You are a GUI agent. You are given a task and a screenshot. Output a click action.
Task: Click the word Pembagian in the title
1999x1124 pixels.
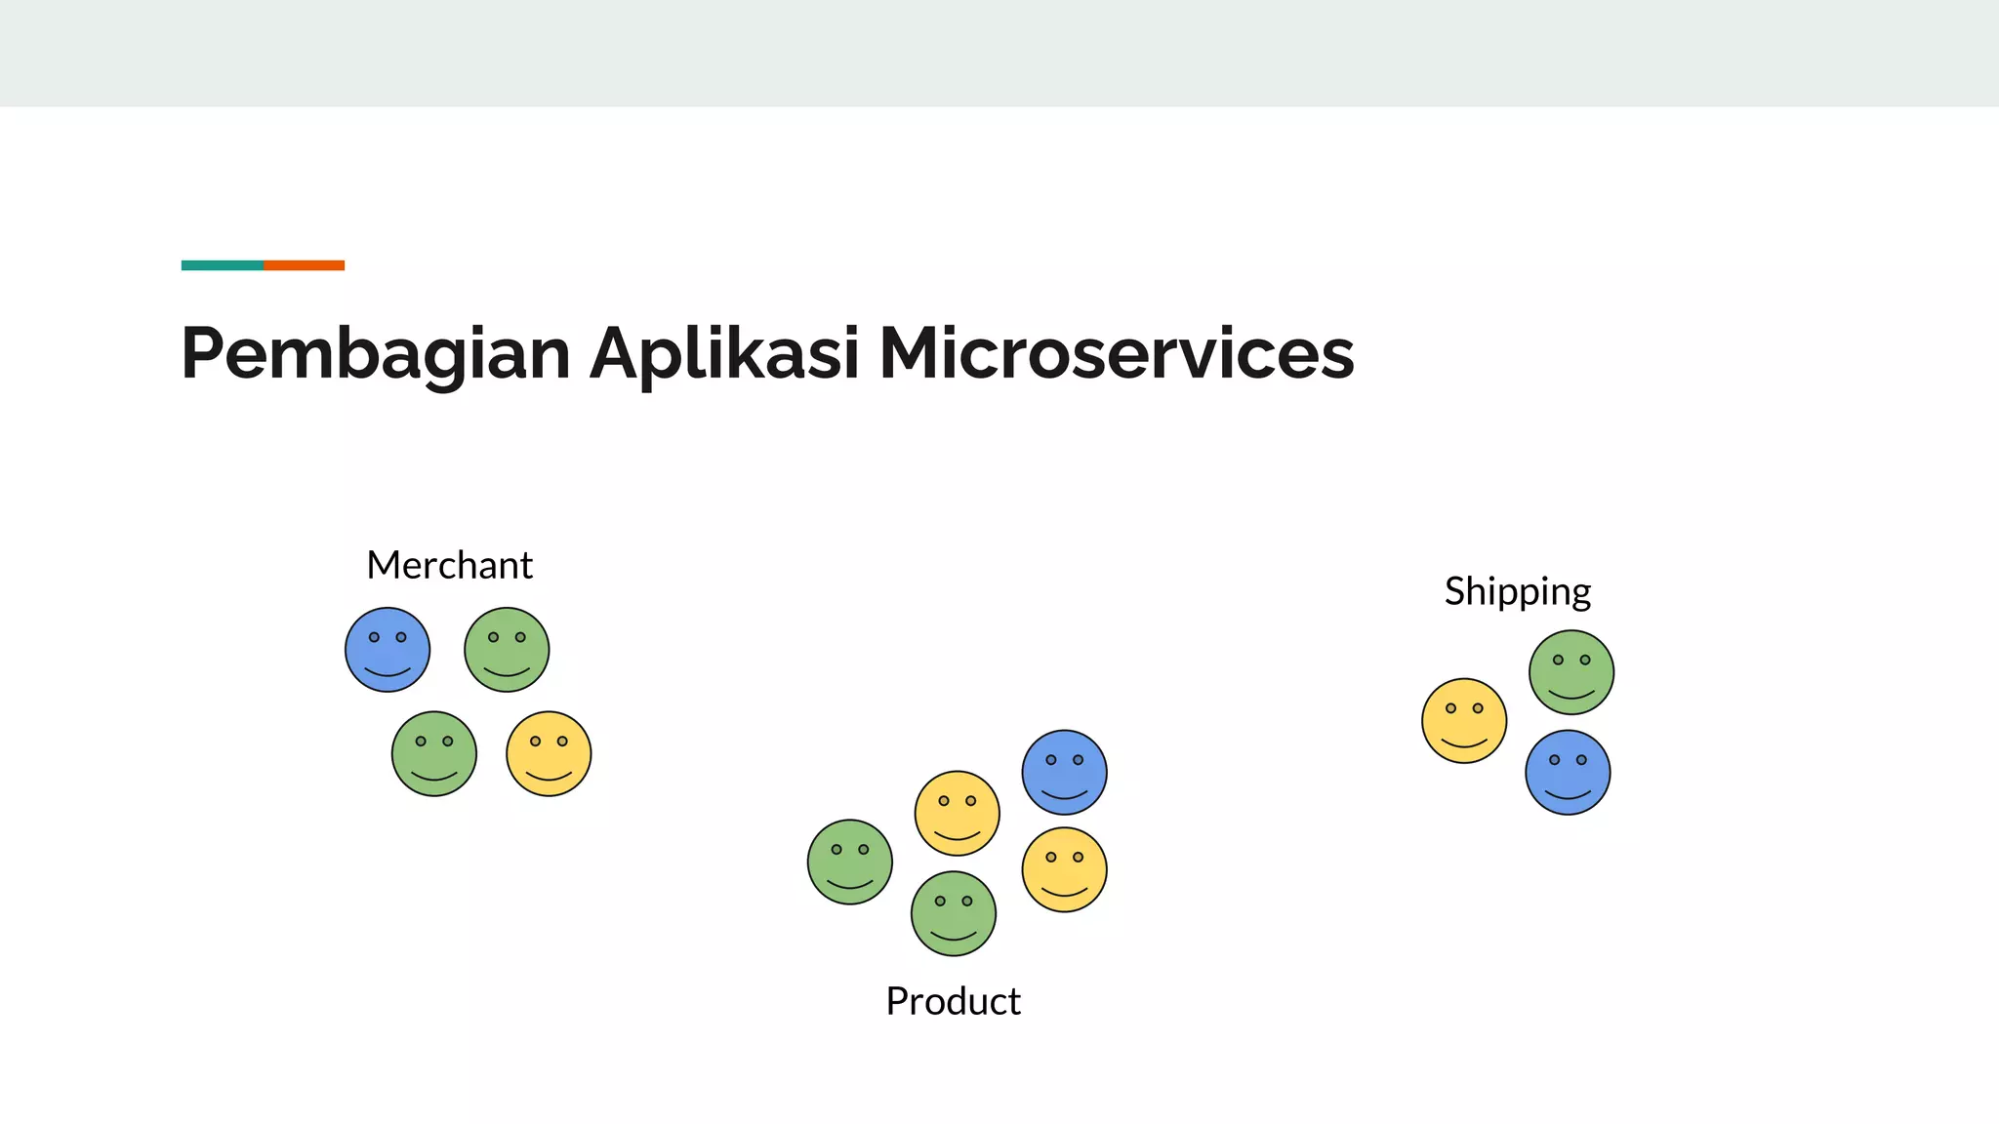(376, 353)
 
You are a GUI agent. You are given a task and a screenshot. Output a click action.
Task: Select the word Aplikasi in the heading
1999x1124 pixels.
(724, 353)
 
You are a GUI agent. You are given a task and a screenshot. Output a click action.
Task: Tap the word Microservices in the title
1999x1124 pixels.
(1116, 353)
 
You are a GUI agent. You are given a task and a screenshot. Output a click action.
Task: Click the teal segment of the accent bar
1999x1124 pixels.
(222, 265)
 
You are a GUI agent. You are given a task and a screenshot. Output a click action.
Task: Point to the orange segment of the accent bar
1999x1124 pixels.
(304, 265)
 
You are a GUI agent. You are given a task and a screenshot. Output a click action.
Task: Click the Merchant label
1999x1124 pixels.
(449, 566)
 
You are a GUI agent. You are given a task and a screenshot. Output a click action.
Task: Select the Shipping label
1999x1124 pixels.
(1517, 592)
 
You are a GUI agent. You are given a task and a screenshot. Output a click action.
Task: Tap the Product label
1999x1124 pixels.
(953, 1001)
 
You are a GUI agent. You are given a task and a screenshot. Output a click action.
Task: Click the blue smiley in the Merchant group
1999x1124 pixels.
(388, 650)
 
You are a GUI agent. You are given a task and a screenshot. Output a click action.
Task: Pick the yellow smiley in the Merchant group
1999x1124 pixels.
(549, 753)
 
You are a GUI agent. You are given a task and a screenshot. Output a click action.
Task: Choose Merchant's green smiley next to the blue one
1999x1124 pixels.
(507, 650)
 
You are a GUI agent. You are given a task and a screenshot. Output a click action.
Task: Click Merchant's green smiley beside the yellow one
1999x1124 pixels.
(434, 753)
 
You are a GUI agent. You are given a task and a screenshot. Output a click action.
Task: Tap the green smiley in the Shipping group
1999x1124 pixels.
(1571, 672)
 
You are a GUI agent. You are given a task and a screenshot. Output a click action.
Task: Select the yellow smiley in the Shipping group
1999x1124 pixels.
(1463, 721)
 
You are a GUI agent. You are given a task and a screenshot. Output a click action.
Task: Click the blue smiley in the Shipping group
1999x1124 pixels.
(1568, 773)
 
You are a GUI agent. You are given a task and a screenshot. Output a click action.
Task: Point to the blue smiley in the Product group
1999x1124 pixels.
(1064, 772)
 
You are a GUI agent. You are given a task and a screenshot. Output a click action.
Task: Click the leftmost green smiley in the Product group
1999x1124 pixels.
(849, 862)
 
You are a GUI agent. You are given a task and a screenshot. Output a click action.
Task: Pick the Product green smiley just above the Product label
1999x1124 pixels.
(953, 913)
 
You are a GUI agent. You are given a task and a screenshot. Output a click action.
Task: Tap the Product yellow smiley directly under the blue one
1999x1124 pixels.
(1064, 869)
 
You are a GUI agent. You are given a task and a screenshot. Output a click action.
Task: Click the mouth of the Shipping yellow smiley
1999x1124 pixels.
(1463, 743)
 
